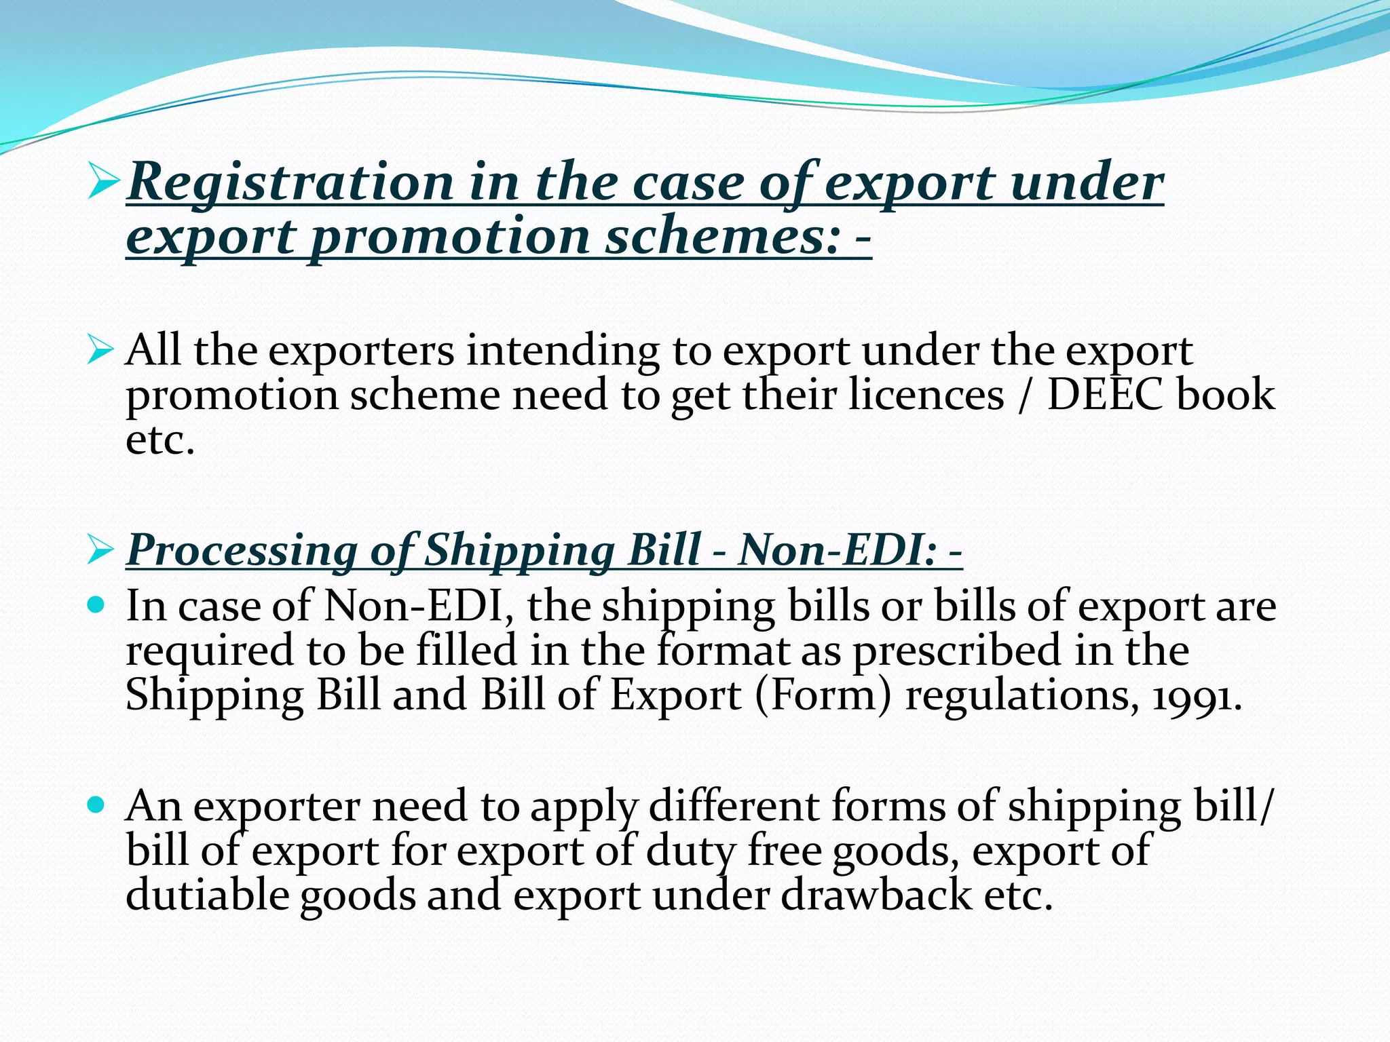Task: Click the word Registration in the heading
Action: click(x=290, y=184)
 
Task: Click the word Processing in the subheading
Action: click(x=242, y=549)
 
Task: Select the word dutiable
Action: click(x=206, y=895)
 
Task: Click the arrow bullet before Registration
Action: click(x=104, y=183)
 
